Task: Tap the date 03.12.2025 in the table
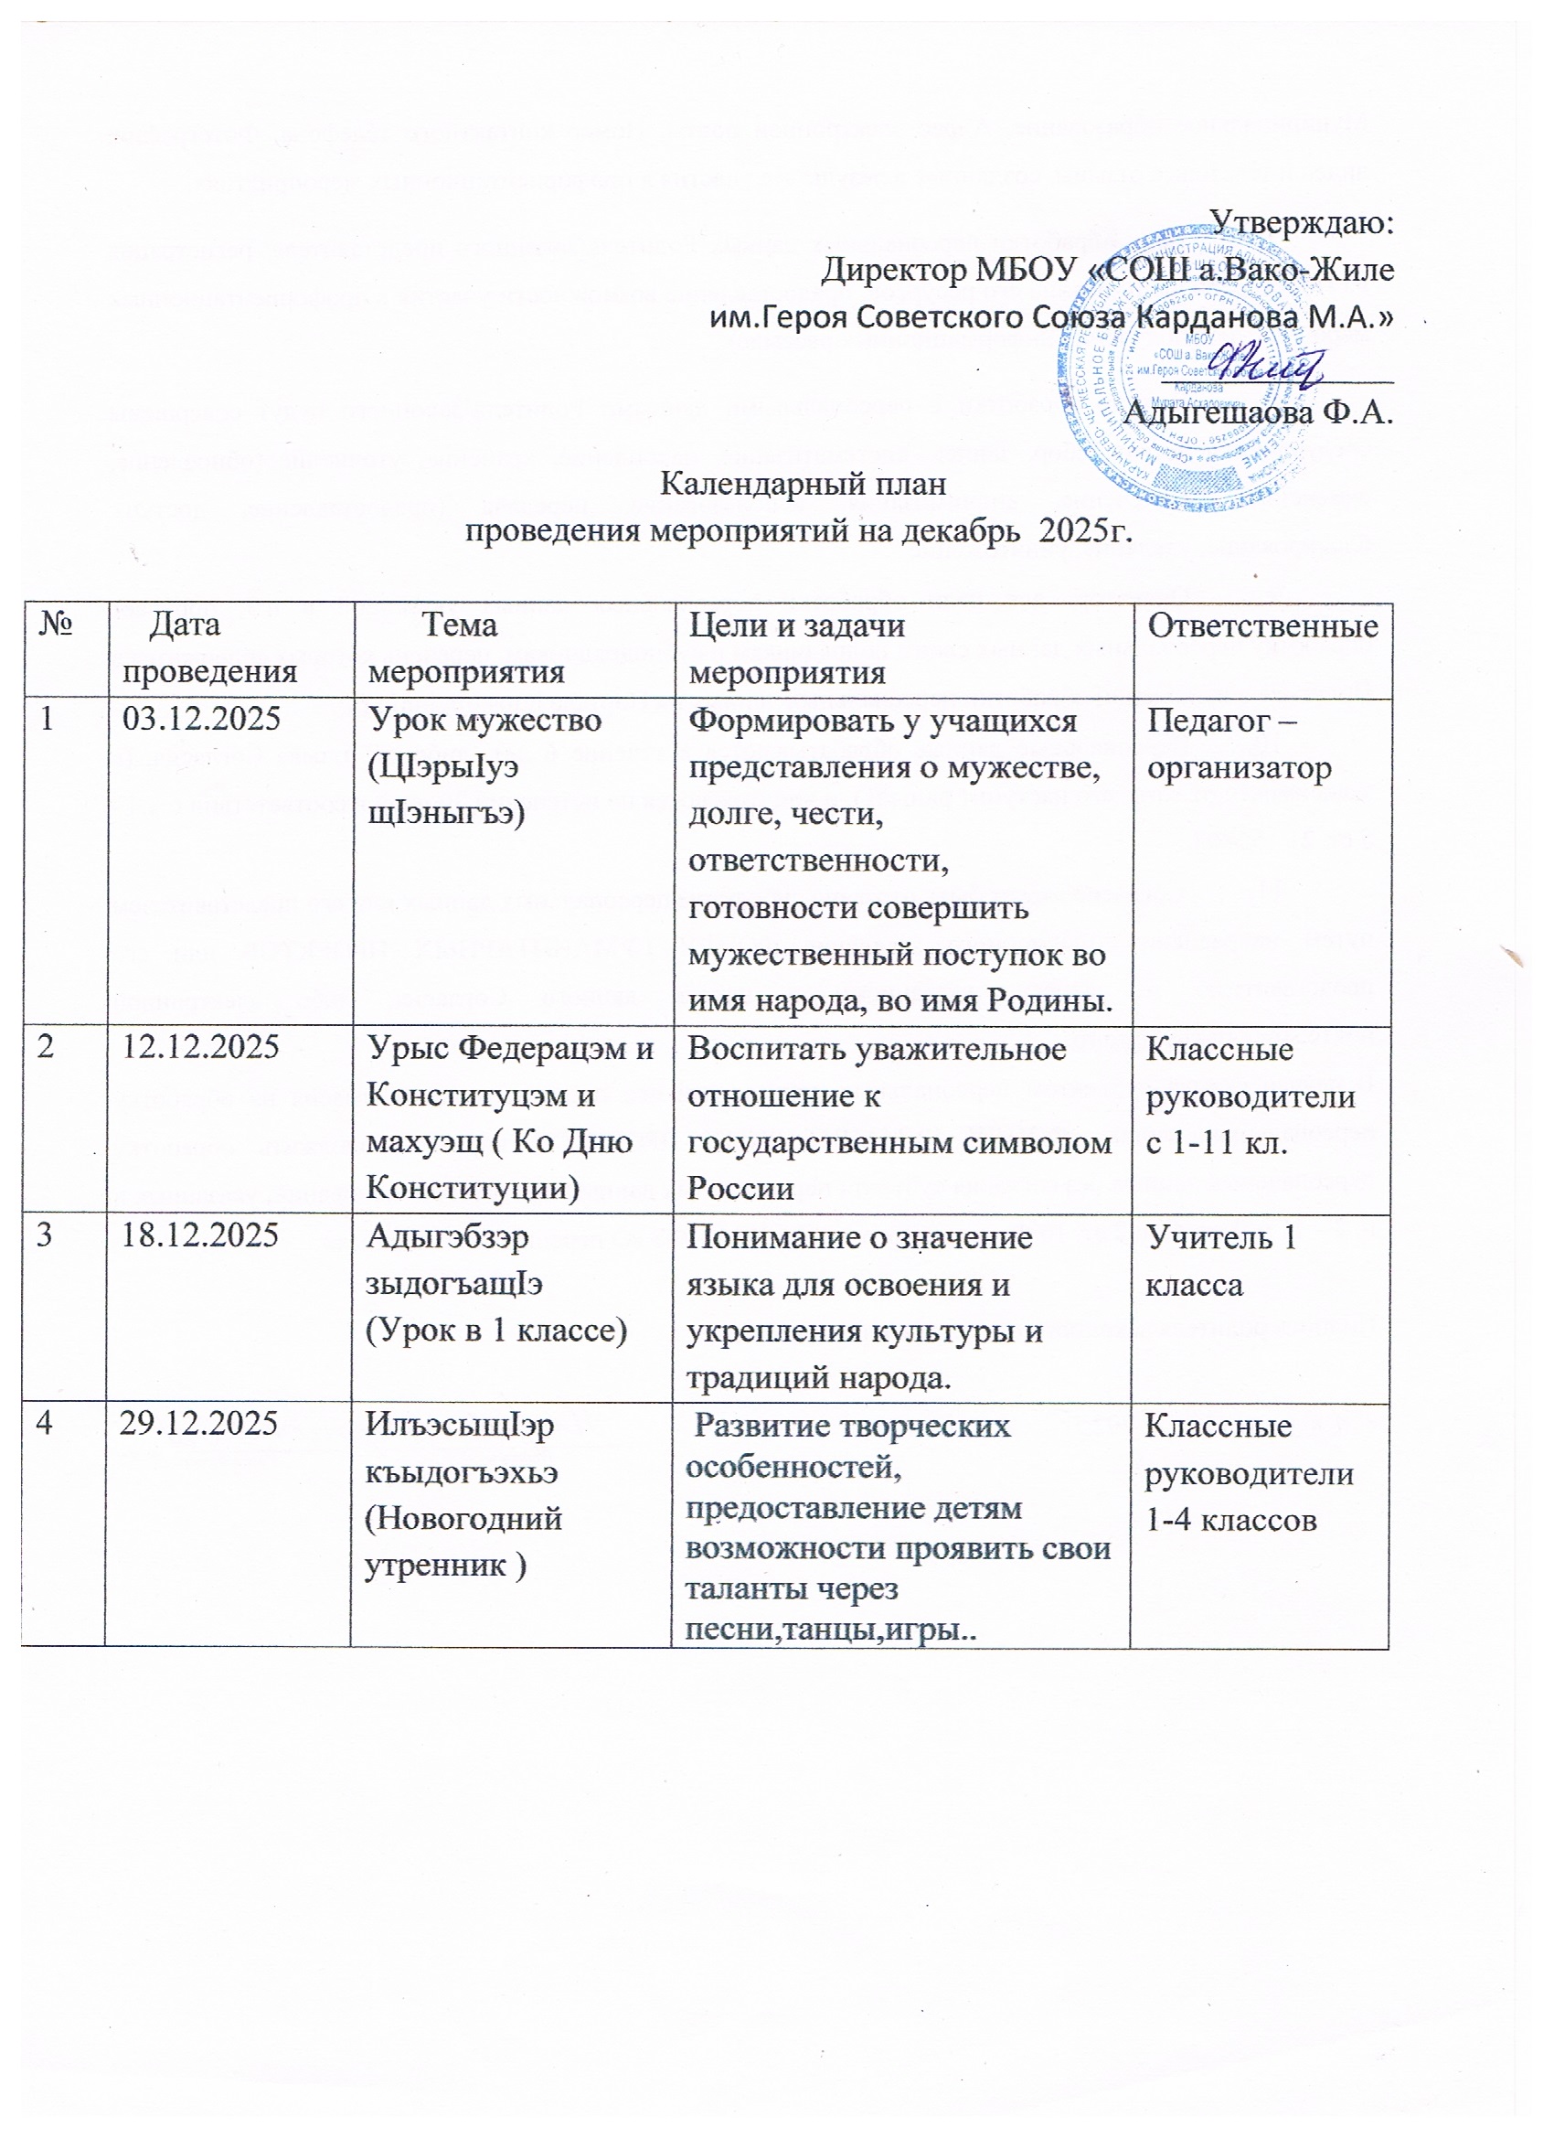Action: [x=203, y=721]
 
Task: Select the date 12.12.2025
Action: [x=202, y=1048]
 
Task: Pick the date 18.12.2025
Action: [x=201, y=1235]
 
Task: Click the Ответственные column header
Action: [x=1261, y=625]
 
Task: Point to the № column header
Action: [x=59, y=625]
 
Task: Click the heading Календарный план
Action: [x=802, y=484]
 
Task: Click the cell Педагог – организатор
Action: [x=1239, y=744]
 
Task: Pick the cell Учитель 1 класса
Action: [x=1220, y=1259]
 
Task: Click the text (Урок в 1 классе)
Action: [x=495, y=1331]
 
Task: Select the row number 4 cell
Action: [x=45, y=1425]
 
